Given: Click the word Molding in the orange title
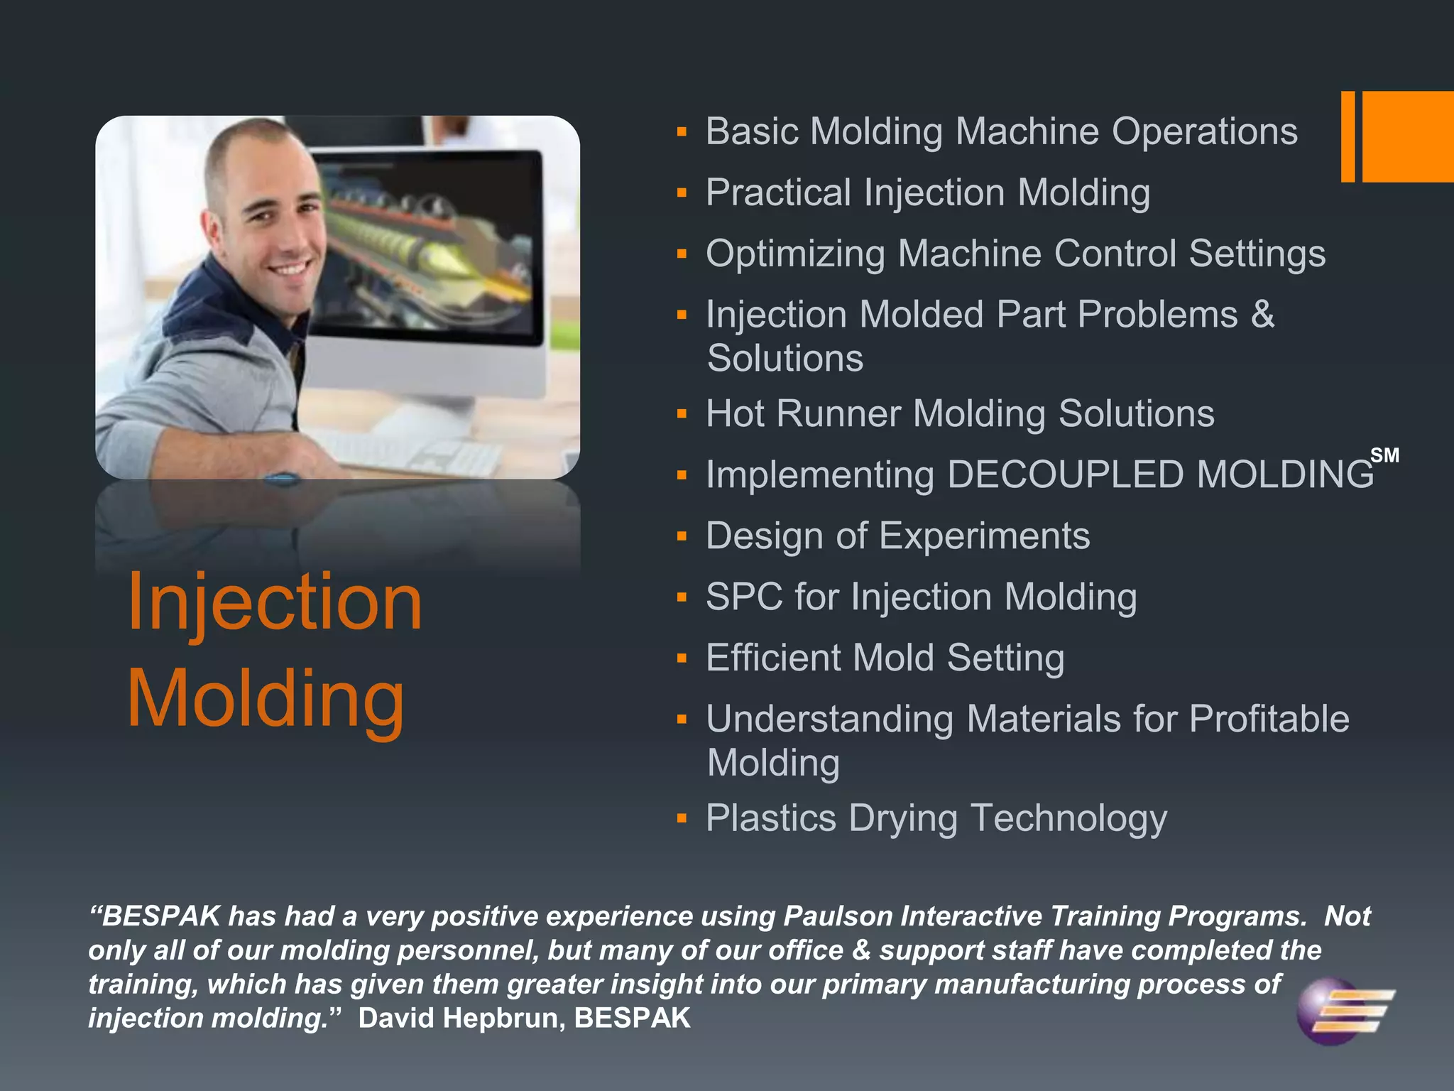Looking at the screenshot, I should click(x=266, y=700).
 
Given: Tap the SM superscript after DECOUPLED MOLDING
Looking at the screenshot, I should click(x=1384, y=455).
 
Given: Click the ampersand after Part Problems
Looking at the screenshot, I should click(x=1262, y=314).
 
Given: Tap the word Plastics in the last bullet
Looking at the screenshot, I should click(x=771, y=818).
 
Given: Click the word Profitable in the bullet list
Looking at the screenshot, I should click(x=1269, y=719).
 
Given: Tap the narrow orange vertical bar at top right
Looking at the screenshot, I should click(x=1348, y=136).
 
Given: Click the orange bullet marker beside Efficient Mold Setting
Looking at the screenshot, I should click(x=682, y=658).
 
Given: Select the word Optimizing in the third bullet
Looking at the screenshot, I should click(x=795, y=254).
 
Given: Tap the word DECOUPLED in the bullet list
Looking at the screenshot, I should click(x=1065, y=474).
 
